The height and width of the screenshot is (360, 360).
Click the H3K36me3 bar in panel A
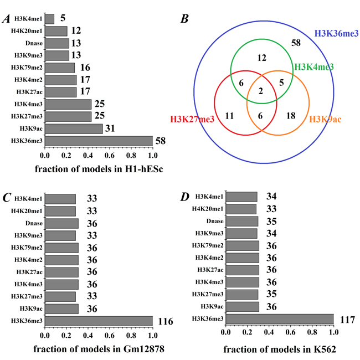pos(98,141)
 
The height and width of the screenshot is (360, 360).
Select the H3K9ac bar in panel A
pos(73,129)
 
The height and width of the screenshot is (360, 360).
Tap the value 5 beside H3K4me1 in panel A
pos(63,19)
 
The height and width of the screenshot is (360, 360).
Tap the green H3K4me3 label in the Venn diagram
pos(314,67)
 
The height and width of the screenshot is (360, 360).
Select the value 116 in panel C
pos(166,321)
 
